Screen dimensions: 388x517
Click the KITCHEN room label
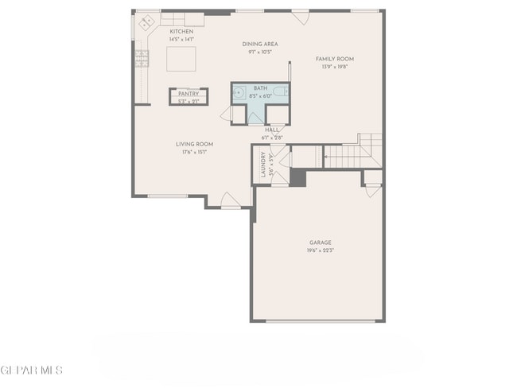181,31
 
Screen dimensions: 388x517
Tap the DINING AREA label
260,45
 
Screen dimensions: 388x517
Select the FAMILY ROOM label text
335,59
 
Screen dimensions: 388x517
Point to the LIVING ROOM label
195,144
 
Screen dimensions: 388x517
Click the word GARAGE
321,242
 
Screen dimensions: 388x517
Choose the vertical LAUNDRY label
262,165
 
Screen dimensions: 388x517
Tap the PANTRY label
188,94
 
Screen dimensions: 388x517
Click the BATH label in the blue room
261,88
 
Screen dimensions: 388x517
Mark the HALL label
272,130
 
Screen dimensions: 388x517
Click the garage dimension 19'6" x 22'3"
321,250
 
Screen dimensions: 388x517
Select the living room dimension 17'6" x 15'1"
195,152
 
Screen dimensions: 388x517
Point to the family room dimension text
335,67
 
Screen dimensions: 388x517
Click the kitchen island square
181,60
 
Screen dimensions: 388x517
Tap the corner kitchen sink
146,24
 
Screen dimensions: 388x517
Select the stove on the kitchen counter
142,58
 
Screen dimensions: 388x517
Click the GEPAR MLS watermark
32,371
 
